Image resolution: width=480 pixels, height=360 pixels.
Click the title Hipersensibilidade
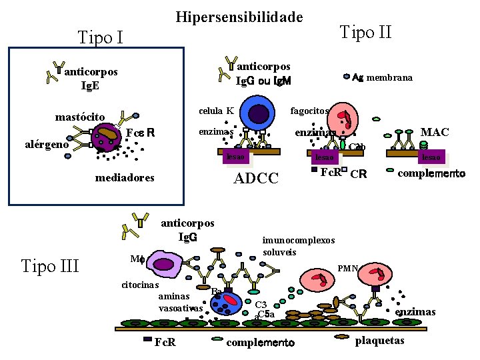point(239,17)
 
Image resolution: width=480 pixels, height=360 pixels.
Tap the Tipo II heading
point(365,31)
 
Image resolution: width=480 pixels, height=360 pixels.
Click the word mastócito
point(80,117)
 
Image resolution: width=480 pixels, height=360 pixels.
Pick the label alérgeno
point(47,144)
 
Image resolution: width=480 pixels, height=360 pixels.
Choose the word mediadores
point(125,178)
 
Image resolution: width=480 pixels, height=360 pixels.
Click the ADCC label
point(256,178)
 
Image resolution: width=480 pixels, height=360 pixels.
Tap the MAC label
point(435,132)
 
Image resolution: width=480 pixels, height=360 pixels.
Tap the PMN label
point(348,268)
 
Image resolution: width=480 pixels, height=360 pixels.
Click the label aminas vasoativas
point(180,302)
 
